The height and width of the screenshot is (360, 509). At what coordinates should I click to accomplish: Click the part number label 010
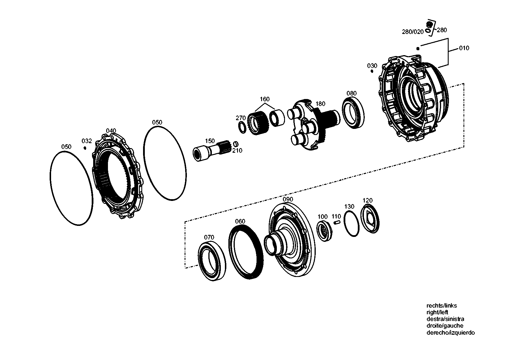point(464,48)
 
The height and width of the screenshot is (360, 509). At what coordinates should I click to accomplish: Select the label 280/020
point(413,32)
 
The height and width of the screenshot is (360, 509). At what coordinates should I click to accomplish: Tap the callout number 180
point(320,104)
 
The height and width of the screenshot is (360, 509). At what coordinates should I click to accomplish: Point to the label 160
point(264,99)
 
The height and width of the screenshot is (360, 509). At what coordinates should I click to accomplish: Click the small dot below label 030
point(372,71)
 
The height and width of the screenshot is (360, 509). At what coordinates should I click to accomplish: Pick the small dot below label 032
point(85,148)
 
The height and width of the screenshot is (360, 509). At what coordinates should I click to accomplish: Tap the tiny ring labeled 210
point(236,144)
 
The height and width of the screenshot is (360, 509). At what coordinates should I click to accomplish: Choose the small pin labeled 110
point(337,223)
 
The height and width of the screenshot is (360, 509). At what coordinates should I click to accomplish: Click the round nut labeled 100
point(324,230)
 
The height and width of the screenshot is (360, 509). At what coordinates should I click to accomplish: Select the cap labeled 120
point(370,218)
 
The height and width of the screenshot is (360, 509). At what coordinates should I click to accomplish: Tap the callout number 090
point(288,199)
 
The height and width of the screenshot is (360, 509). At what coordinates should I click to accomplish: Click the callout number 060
point(240,222)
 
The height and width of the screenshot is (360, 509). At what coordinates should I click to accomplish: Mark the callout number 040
point(111,131)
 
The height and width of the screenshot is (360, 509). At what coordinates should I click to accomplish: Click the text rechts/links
point(441,305)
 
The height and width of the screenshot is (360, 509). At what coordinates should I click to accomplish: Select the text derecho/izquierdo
point(450,333)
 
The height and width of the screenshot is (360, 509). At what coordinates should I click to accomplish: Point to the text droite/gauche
point(445,326)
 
